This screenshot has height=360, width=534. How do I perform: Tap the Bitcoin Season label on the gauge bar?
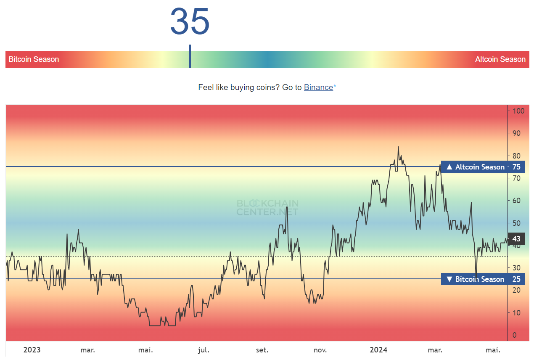click(34, 59)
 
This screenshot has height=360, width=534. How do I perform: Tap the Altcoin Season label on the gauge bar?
click(500, 59)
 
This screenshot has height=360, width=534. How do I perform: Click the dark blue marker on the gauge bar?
click(190, 56)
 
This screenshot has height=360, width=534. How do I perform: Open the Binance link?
click(318, 87)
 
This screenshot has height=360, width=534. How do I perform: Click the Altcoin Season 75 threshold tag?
click(483, 167)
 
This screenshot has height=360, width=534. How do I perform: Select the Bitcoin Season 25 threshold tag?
click(483, 279)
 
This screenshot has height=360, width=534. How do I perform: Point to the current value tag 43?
click(516, 239)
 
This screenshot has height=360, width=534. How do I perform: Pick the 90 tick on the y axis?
click(516, 133)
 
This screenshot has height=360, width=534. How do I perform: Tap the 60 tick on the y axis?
click(516, 201)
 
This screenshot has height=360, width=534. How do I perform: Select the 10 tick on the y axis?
click(516, 313)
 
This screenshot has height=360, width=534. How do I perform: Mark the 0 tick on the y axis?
click(515, 335)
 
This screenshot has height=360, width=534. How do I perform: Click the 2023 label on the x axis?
click(32, 350)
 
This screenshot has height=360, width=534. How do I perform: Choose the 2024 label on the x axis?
click(378, 350)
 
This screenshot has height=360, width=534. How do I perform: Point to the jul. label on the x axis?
click(204, 350)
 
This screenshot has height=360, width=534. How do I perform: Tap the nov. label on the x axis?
click(320, 350)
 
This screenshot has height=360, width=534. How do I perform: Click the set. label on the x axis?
click(262, 350)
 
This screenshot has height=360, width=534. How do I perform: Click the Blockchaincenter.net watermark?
click(267, 207)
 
